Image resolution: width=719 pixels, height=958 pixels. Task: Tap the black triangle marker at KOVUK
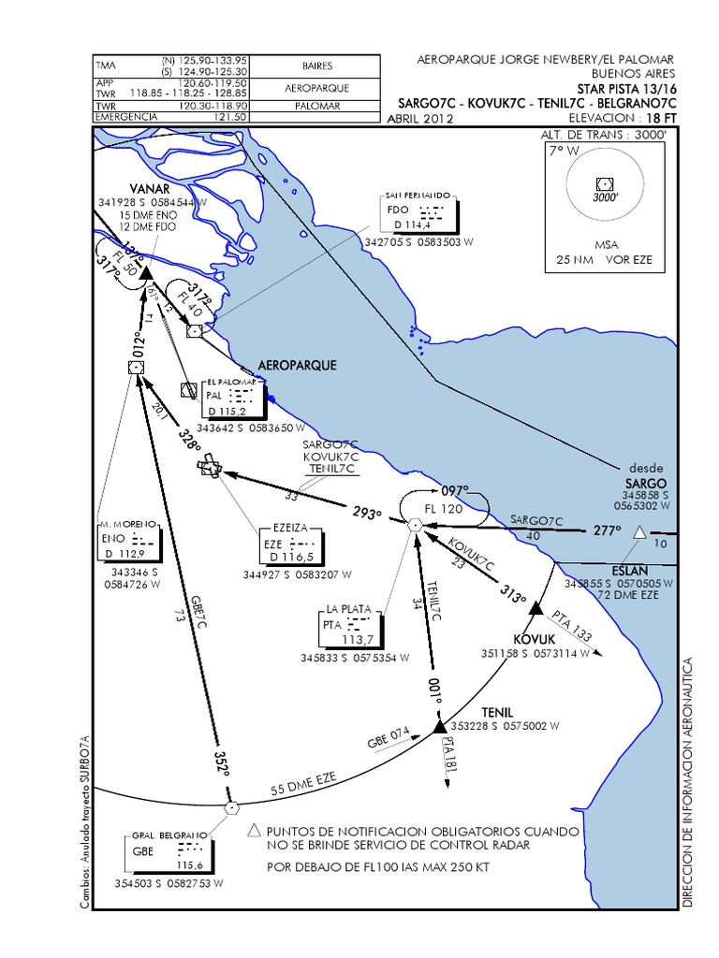536,610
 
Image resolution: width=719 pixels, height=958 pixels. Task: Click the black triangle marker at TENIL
440,726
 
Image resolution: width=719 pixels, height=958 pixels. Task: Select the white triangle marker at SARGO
639,532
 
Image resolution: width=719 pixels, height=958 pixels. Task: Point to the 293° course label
366,514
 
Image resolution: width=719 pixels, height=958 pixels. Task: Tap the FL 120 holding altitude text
444,508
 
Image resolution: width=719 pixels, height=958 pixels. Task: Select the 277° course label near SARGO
608,530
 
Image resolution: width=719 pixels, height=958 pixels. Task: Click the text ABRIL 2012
420,119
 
